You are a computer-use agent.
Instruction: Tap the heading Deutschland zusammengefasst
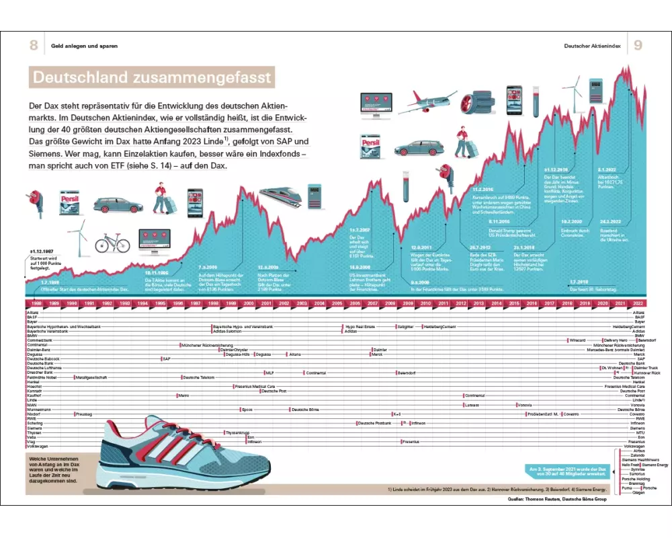pyautogui.click(x=152, y=77)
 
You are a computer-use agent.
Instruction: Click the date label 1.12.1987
pyautogui.click(x=41, y=250)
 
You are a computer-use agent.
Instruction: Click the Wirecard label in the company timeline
pyautogui.click(x=577, y=340)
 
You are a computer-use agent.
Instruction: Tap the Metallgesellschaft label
pyautogui.click(x=93, y=377)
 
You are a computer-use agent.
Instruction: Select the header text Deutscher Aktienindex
pyautogui.click(x=592, y=46)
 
